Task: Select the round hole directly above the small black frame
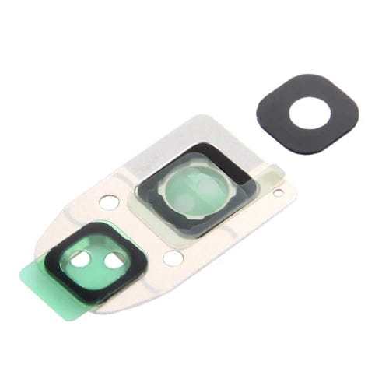110,203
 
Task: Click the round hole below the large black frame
173,258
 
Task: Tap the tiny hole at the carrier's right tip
279,191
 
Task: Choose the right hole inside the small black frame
115,261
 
